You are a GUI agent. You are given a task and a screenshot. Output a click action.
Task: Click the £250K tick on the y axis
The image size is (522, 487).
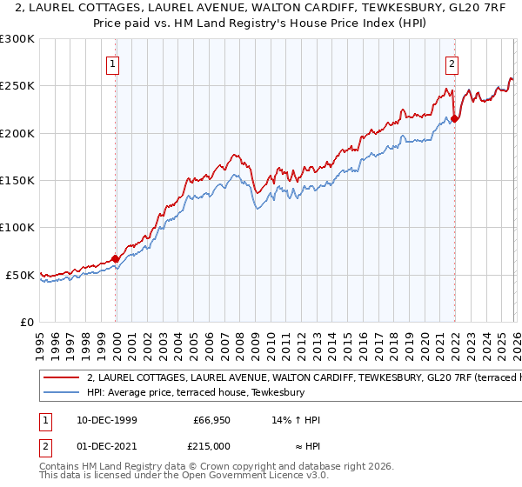point(17,86)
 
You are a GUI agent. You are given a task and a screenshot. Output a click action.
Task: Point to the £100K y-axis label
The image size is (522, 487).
point(17,228)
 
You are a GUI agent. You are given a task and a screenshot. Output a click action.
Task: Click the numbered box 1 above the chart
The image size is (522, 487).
point(114,63)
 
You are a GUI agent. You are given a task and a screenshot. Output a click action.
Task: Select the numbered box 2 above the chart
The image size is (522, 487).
point(452,63)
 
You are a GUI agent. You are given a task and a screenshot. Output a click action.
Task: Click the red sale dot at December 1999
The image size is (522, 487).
point(116,258)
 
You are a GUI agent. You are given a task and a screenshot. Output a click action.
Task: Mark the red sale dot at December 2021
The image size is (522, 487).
point(454,118)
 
